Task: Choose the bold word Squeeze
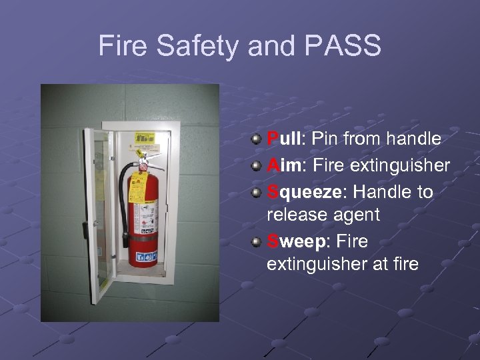304,192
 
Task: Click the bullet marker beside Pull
256,139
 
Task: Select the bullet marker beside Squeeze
256,192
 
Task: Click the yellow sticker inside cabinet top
144,138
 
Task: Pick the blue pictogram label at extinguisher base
146,256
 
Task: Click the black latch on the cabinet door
86,230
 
